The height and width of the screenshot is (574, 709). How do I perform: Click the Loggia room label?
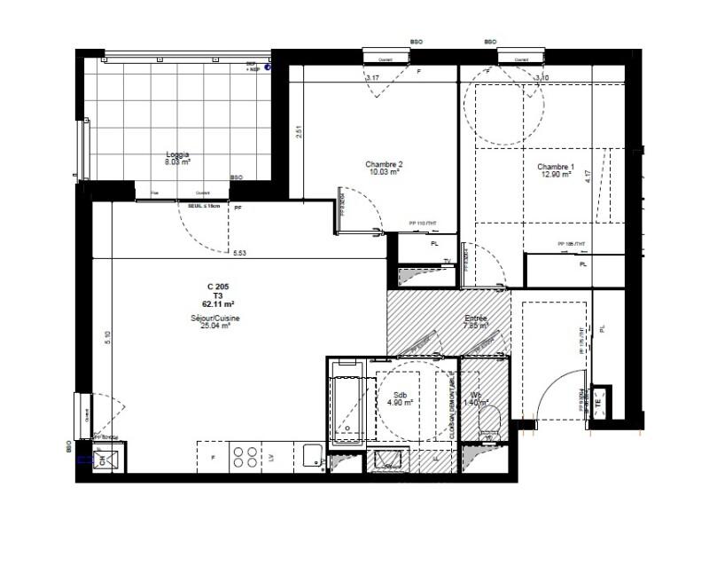[177, 154]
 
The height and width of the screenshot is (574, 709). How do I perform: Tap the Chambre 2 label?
[384, 164]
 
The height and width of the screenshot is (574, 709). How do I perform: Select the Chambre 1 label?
[556, 168]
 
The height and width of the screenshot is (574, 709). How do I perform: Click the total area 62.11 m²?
[218, 303]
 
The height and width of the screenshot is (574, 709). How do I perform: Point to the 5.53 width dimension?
[240, 254]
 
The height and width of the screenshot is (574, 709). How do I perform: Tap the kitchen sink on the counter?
[311, 455]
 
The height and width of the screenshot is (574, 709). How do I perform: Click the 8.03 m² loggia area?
[177, 163]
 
